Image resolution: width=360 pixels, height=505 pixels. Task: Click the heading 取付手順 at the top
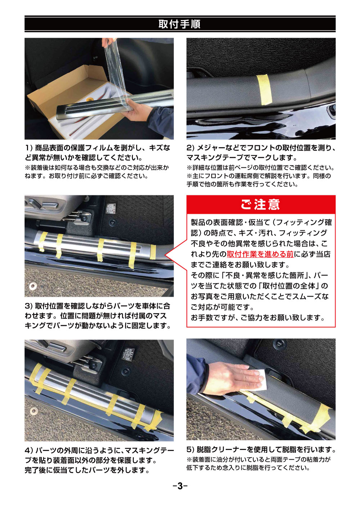click(x=180, y=24)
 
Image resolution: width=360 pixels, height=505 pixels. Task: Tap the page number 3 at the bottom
click(x=180, y=486)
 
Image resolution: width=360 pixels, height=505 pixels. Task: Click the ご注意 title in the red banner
click(x=260, y=205)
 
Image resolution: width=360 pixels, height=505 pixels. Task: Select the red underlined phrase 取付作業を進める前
click(x=260, y=254)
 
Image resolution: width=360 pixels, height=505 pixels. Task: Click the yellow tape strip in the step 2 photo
click(x=264, y=89)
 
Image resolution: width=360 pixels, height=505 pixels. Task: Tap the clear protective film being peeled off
click(x=115, y=72)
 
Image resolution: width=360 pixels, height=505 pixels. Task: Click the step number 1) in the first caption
click(x=29, y=148)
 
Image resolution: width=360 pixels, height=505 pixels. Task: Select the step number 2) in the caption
click(x=190, y=148)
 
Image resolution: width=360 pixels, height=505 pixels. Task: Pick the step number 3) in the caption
click(x=29, y=306)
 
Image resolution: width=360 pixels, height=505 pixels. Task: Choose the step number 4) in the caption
click(x=29, y=450)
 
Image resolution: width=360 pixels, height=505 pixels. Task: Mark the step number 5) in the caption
click(x=190, y=450)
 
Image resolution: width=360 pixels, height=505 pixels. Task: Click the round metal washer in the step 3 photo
click(x=33, y=286)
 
